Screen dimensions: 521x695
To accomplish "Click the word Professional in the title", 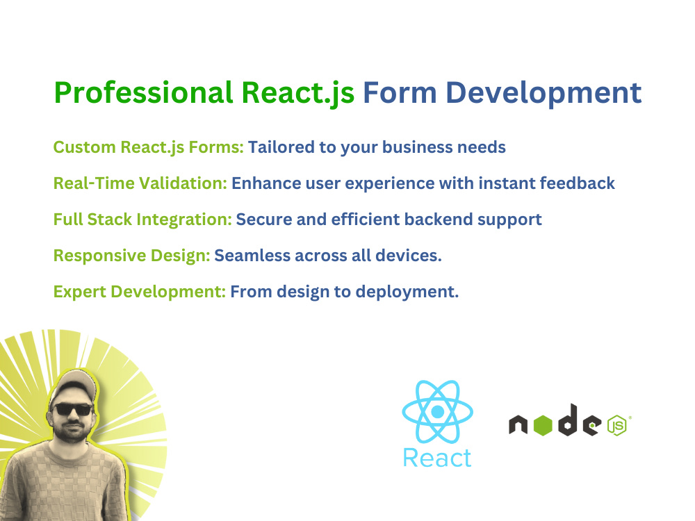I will tap(142, 93).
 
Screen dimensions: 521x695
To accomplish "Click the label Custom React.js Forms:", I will tap(148, 147).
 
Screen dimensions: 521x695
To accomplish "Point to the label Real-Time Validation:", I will tap(140, 183).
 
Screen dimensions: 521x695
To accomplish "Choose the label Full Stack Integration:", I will tap(142, 220).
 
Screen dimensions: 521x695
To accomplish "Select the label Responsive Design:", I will tap(131, 256).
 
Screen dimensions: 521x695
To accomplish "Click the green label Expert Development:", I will tap(139, 292).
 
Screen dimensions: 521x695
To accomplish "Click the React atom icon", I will tap(437, 412).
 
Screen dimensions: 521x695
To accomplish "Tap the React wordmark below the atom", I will tap(437, 458).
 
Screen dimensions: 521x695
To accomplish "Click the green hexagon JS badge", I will tap(616, 425).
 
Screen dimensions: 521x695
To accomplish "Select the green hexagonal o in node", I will tap(543, 425).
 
